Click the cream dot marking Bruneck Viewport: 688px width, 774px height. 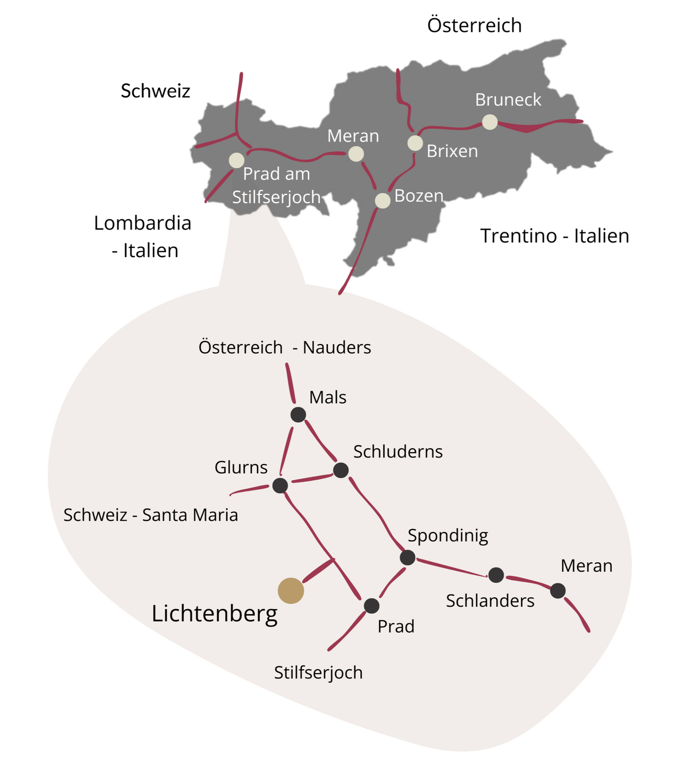coord(490,122)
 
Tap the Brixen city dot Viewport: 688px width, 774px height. coord(415,143)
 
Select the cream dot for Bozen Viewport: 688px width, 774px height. coord(382,201)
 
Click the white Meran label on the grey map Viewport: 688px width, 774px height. coord(353,136)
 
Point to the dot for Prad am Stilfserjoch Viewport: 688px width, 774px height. coord(237,160)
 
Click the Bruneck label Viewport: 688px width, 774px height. coord(508,100)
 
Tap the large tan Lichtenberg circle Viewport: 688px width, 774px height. coord(291,590)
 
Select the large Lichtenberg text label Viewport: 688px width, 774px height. coord(214,614)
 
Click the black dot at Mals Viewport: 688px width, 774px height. coord(298,415)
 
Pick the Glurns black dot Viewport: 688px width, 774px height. coord(280,486)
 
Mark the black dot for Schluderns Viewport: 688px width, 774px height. coord(341,470)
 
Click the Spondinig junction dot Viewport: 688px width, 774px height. coord(408,557)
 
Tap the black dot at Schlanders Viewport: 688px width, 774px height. coord(496,575)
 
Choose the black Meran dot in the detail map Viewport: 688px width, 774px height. coord(558,590)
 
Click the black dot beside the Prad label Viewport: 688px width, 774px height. coord(372,606)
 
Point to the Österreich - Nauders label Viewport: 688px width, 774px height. coord(285,347)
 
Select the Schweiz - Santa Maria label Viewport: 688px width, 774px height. coord(151,515)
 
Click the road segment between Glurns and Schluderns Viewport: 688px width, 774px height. coord(311,478)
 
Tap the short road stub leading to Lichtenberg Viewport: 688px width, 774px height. coord(318,570)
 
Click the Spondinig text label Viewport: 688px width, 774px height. coord(448,536)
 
